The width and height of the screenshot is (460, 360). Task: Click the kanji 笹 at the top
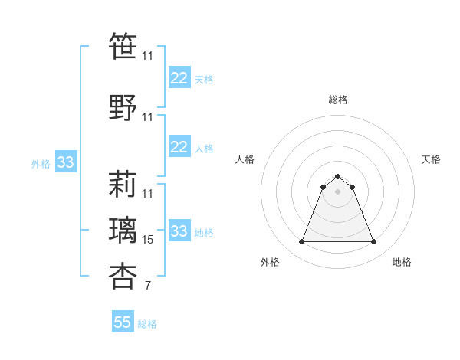123,45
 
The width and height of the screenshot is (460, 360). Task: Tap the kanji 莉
123,183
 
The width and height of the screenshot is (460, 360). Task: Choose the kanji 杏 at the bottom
123,275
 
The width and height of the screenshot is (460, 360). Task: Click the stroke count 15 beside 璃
148,240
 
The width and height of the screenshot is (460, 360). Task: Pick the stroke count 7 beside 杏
148,286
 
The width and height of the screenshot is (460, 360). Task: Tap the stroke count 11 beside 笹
148,56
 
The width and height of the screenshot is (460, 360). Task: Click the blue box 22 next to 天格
179,78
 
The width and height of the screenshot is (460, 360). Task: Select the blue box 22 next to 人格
179,147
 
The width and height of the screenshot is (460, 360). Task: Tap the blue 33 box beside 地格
179,231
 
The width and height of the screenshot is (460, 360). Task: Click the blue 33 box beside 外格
65,162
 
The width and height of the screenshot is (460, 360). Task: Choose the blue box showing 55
123,322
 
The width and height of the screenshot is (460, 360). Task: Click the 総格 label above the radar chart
337,100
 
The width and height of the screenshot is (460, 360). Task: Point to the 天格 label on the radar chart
431,159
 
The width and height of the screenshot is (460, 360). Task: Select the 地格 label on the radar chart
402,262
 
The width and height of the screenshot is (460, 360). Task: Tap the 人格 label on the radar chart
245,159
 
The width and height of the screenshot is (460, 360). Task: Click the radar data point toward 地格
373,242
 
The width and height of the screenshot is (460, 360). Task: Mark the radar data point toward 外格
301,242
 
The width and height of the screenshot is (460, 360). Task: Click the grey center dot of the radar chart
337,191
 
